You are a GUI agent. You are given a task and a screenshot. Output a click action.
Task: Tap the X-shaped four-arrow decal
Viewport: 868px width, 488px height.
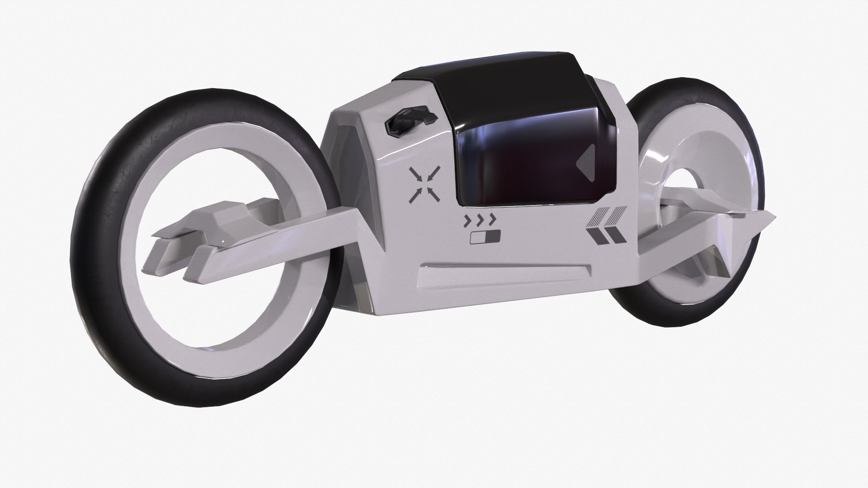425,184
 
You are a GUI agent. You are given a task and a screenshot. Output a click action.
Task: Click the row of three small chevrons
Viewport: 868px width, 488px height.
480,221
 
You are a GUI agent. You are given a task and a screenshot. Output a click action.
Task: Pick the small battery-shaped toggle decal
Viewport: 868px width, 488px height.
485,237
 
